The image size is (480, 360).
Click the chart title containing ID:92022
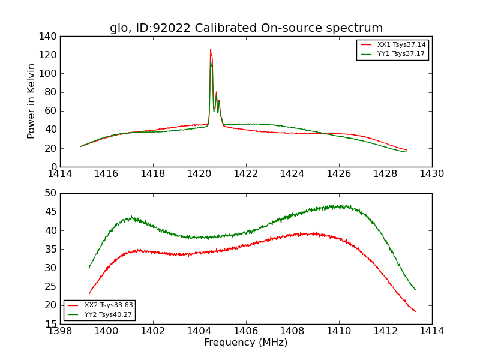coord(246,28)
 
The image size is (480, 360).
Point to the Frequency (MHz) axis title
coord(245,343)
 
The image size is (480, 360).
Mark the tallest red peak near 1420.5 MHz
coord(211,49)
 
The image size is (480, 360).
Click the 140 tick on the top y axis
coord(50,37)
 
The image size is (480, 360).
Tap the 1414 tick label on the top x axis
coord(61,174)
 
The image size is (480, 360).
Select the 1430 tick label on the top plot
coord(431,174)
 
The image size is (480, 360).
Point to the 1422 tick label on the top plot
coord(246,174)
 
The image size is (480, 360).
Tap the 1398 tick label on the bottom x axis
coord(61,331)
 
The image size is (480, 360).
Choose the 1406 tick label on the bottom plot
coord(246,331)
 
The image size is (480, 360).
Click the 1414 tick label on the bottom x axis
coord(431,331)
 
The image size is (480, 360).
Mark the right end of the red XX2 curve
coord(415,311)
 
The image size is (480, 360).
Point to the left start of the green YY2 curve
coord(89,268)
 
